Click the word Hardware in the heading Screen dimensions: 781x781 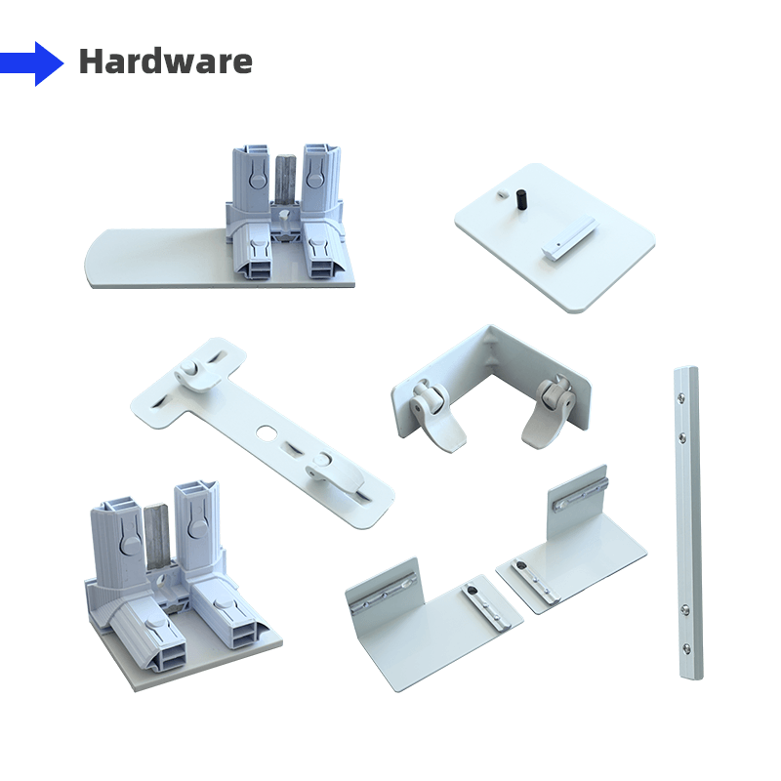pyautogui.click(x=165, y=62)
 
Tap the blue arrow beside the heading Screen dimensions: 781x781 pyautogui.click(x=32, y=63)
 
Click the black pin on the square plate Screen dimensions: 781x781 pyautogui.click(x=521, y=200)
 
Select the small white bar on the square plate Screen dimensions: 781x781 pyautogui.click(x=569, y=237)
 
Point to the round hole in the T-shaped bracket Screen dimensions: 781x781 pyautogui.click(x=265, y=432)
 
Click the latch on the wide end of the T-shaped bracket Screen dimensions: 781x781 pyautogui.click(x=196, y=376)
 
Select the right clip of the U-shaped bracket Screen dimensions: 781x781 pyautogui.click(x=549, y=411)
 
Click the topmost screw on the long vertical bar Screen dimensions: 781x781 pyautogui.click(x=679, y=397)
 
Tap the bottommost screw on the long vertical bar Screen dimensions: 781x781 pyautogui.click(x=687, y=648)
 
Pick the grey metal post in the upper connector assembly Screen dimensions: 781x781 pyautogui.click(x=285, y=181)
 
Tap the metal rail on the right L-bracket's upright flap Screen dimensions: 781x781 pyautogui.click(x=581, y=495)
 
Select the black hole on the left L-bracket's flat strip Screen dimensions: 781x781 pyautogui.click(x=473, y=592)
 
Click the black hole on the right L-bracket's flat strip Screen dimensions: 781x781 pyautogui.click(x=521, y=566)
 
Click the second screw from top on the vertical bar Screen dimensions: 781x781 pyautogui.click(x=680, y=436)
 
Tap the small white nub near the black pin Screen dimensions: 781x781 pyautogui.click(x=503, y=192)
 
